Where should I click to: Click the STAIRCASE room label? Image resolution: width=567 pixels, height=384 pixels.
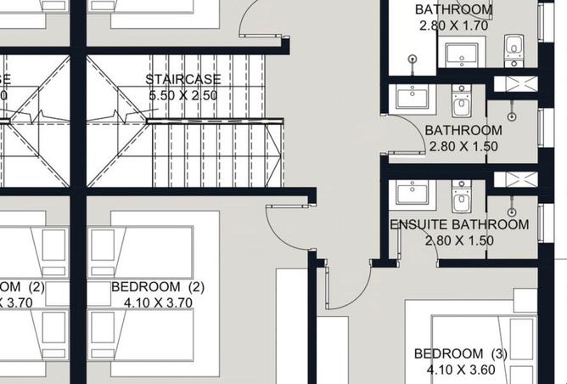(183, 80)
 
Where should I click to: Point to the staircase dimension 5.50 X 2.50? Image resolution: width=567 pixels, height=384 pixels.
(183, 96)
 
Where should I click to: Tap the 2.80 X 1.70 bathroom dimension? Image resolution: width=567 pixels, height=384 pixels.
(453, 25)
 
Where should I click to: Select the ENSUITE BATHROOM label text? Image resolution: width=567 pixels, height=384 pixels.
(459, 225)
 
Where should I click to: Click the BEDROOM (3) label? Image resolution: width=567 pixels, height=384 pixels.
(460, 354)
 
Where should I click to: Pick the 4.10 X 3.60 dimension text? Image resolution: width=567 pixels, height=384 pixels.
(460, 370)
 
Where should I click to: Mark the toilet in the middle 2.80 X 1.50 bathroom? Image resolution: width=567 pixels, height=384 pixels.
(461, 105)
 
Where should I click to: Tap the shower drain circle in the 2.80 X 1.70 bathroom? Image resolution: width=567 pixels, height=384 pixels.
(413, 59)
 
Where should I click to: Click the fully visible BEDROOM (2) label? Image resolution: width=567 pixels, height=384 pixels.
(158, 287)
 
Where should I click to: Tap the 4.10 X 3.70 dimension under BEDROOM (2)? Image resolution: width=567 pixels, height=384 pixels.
(158, 302)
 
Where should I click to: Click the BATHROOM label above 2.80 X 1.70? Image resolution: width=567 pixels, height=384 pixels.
(453, 10)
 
